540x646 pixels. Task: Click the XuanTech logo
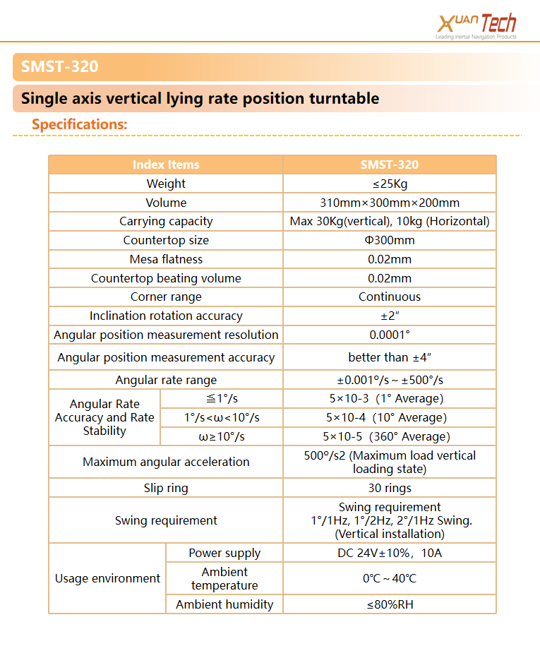[x=477, y=25]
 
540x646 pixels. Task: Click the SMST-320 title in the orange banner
[x=60, y=67]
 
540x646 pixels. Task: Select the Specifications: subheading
[x=80, y=124]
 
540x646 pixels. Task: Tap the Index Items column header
[x=166, y=165]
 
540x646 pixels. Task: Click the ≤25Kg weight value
[x=390, y=184]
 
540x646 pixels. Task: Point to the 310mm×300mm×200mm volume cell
[x=390, y=203]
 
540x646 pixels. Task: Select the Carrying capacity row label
[x=166, y=221]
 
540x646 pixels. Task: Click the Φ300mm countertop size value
[x=390, y=240]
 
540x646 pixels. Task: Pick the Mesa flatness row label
[x=166, y=259]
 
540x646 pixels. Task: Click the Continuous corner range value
[x=390, y=297]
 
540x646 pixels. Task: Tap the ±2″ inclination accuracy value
[x=390, y=316]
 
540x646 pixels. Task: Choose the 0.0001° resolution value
[x=390, y=335]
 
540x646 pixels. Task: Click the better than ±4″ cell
[x=390, y=357]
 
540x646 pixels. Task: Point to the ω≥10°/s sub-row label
[x=222, y=436]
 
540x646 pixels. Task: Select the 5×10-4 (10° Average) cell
[x=386, y=417]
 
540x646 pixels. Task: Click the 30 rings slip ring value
[x=390, y=488]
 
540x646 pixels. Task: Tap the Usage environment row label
[x=107, y=578]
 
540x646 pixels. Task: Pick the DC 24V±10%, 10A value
[x=390, y=553]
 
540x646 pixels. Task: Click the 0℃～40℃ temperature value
[x=390, y=578]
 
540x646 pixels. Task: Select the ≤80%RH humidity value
[x=390, y=604]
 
